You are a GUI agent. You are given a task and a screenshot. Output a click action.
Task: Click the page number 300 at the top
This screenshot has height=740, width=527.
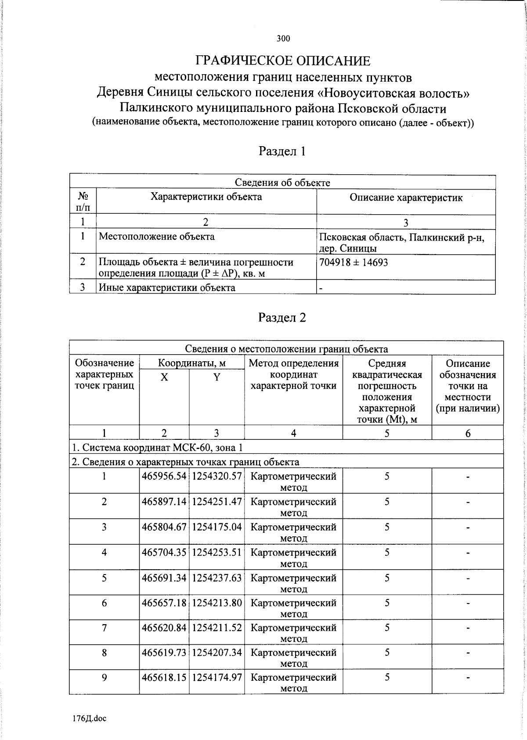coord(283,39)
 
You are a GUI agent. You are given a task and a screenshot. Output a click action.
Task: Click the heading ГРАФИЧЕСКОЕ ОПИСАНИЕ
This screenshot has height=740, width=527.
coord(283,61)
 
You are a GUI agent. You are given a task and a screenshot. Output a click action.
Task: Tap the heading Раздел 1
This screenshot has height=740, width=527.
coord(282,151)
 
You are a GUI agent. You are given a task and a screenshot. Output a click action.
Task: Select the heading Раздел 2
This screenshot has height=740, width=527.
coord(282,318)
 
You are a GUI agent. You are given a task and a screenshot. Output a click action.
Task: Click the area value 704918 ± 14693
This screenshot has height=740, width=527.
coord(354,262)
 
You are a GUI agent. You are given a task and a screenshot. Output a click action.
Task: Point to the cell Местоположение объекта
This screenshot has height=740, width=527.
coord(157,237)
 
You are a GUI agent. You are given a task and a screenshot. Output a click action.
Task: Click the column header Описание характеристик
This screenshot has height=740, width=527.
coord(406,198)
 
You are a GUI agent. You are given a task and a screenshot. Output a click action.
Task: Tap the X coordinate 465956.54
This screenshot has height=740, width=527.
coord(164,476)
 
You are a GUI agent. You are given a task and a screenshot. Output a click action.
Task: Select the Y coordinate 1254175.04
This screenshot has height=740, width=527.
coord(217,527)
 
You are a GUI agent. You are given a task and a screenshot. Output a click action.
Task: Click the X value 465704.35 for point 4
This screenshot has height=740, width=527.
coord(164,553)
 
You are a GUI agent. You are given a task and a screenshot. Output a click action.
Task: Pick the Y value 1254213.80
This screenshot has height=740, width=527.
coord(217,603)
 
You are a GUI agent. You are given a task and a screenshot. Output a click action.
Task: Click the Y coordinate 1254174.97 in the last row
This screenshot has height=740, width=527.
coord(217,677)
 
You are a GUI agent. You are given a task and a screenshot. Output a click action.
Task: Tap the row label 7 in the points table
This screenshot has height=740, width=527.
coord(104,628)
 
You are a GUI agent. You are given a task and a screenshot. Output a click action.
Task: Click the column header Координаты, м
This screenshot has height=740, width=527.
coord(192,363)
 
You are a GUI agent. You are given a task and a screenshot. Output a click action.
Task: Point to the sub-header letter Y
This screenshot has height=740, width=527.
coord(217,377)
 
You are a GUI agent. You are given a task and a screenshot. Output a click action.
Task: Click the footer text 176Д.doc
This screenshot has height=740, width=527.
coord(90,719)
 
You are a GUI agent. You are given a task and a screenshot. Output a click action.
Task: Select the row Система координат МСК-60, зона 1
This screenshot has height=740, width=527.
coord(157,448)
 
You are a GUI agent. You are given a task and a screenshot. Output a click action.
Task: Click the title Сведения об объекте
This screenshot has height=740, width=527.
coord(282,183)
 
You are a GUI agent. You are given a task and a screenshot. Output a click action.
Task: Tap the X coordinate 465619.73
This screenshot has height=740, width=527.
coord(164,653)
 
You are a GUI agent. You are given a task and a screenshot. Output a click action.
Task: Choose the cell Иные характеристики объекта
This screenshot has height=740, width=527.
coord(167,288)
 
